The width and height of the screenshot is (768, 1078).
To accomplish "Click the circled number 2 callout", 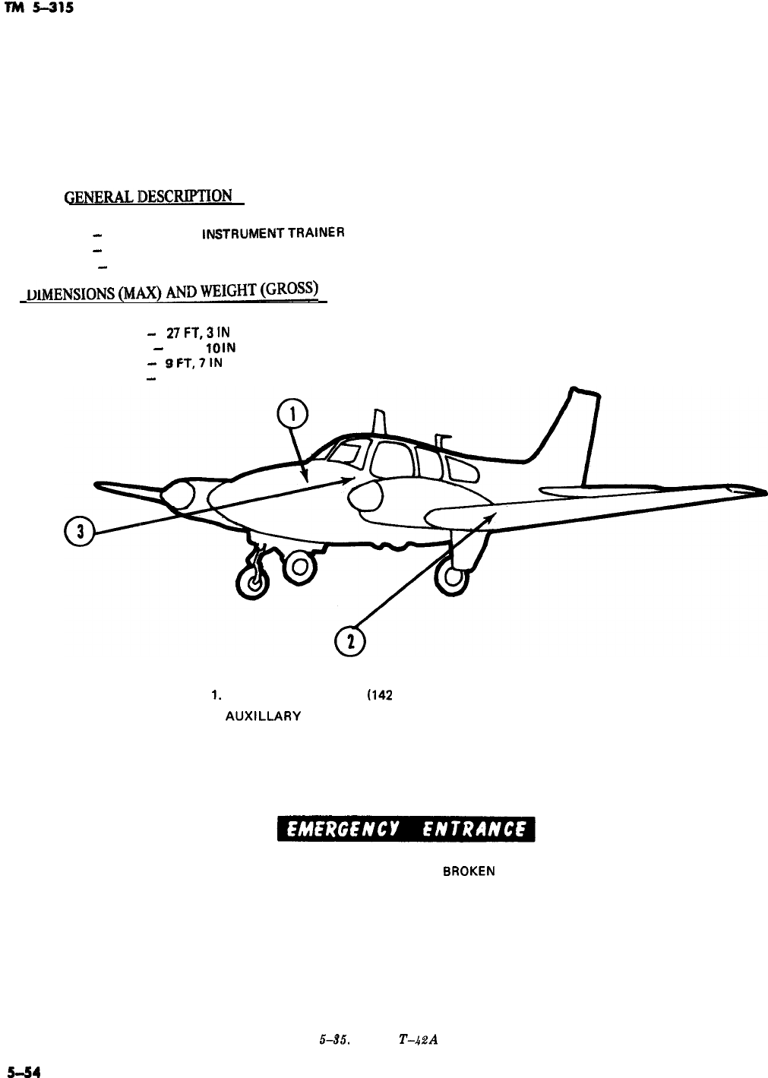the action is [x=349, y=641].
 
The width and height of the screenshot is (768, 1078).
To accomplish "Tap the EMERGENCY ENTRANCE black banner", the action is [x=406, y=830].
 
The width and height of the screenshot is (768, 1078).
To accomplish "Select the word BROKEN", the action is [x=469, y=872].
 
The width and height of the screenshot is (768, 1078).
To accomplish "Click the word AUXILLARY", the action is [x=264, y=716].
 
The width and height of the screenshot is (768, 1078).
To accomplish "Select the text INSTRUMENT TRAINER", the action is [x=273, y=234].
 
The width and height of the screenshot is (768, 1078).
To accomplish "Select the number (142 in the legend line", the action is [x=379, y=695].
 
